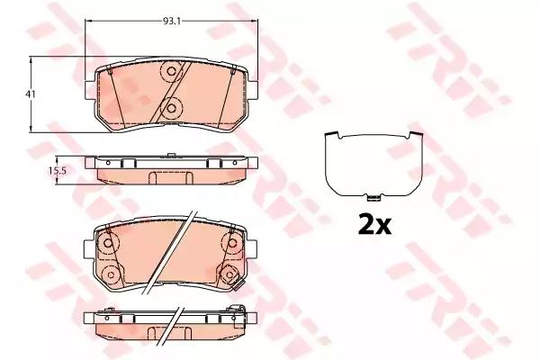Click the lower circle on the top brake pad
pyautogui.click(x=168, y=108)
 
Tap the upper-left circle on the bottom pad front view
pyautogui.click(x=109, y=242)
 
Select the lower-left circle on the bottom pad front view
pyautogui.click(x=109, y=274)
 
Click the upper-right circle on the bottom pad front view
pyautogui.click(x=229, y=242)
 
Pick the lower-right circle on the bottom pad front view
pyautogui.click(x=229, y=274)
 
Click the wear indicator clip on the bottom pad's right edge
pyautogui.click(x=239, y=288)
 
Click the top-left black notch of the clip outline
pyautogui.click(x=336, y=136)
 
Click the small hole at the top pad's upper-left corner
pyautogui.click(x=106, y=72)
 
